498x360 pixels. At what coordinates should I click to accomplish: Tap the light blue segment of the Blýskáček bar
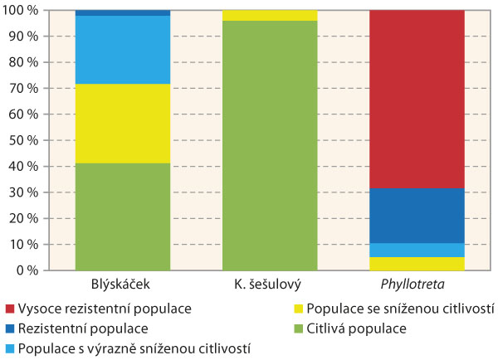[122, 50]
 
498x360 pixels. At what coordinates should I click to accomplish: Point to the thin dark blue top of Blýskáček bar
[122, 13]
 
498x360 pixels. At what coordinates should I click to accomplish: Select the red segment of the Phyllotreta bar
[417, 100]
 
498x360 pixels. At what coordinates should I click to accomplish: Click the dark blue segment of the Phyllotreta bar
[417, 216]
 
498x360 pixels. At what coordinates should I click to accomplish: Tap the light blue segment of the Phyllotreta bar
[417, 250]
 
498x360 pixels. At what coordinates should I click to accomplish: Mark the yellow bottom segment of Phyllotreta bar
[417, 264]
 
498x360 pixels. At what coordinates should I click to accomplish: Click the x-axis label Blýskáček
[122, 285]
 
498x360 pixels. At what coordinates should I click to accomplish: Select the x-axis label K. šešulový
[270, 285]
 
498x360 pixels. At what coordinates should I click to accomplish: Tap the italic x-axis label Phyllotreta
[417, 285]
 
